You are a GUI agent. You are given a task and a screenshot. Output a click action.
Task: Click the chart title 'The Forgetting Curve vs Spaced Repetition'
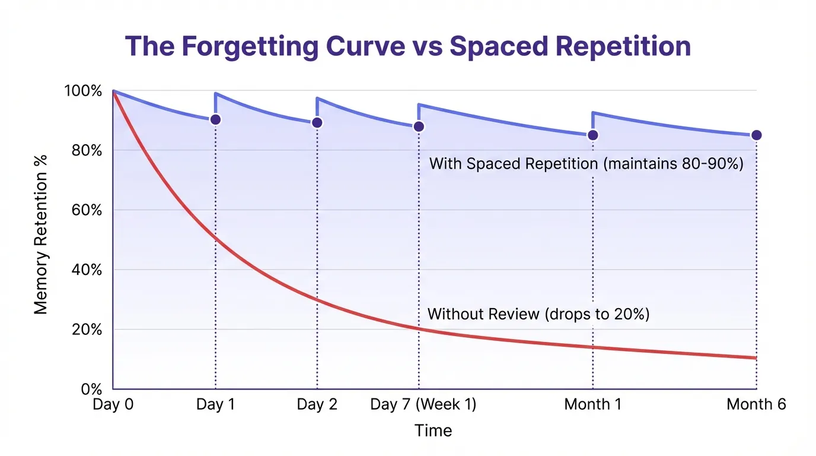pyautogui.click(x=408, y=46)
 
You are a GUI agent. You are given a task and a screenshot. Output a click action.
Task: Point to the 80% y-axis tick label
pyautogui.click(x=85, y=151)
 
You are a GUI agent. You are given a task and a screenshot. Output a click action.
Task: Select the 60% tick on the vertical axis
pyautogui.click(x=85, y=210)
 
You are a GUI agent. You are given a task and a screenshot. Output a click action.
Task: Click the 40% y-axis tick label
pyautogui.click(x=85, y=270)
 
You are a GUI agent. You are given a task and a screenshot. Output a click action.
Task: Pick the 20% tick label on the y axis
pyautogui.click(x=85, y=330)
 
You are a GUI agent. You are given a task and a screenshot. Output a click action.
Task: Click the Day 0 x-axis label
pyautogui.click(x=113, y=405)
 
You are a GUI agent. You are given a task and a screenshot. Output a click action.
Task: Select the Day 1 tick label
pyautogui.click(x=215, y=405)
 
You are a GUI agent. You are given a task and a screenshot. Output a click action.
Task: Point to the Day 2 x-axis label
pyautogui.click(x=317, y=405)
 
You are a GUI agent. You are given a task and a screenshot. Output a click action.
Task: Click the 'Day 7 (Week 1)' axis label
pyautogui.click(x=423, y=405)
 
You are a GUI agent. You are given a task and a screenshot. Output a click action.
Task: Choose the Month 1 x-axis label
pyautogui.click(x=593, y=405)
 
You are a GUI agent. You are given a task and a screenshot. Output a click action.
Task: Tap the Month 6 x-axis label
pyautogui.click(x=756, y=405)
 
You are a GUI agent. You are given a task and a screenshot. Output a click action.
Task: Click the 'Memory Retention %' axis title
pyautogui.click(x=40, y=234)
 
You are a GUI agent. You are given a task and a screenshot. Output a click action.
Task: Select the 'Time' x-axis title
pyautogui.click(x=434, y=431)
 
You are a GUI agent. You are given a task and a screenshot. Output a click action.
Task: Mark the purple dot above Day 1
pyautogui.click(x=216, y=119)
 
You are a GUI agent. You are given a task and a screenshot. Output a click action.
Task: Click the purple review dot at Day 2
pyautogui.click(x=317, y=122)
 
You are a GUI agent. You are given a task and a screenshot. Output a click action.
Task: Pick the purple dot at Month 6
pyautogui.click(x=756, y=135)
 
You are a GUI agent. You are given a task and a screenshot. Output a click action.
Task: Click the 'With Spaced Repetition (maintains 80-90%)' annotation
pyautogui.click(x=586, y=164)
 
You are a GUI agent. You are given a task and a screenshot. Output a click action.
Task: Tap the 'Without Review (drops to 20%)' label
pyautogui.click(x=538, y=314)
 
